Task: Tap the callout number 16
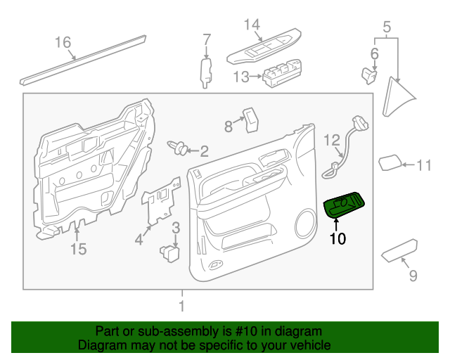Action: [x=63, y=43]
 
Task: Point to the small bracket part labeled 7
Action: [x=206, y=72]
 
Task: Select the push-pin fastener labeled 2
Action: [x=179, y=148]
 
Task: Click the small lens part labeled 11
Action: [x=390, y=163]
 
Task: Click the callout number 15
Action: [x=78, y=248]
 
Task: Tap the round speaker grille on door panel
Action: [x=307, y=223]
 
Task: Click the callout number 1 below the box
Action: [x=182, y=307]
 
